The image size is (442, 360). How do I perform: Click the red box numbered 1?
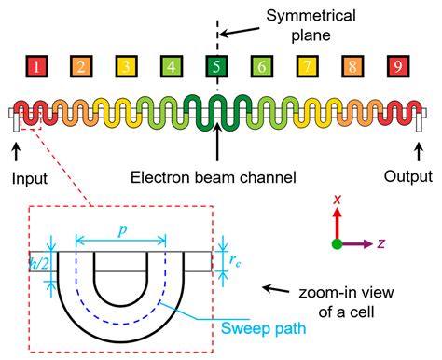click(x=35, y=67)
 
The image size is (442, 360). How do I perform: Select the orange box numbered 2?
click(x=80, y=67)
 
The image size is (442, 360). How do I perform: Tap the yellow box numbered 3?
click(x=125, y=67)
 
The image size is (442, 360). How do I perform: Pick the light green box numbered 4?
click(x=171, y=67)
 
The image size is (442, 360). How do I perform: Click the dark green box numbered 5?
click(x=215, y=67)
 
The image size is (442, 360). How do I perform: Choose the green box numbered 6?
click(x=261, y=67)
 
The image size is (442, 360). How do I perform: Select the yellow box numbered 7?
click(x=306, y=67)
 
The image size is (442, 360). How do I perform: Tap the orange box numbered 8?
click(x=352, y=67)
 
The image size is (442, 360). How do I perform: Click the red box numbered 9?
click(x=396, y=67)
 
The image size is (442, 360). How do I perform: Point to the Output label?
click(x=409, y=175)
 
